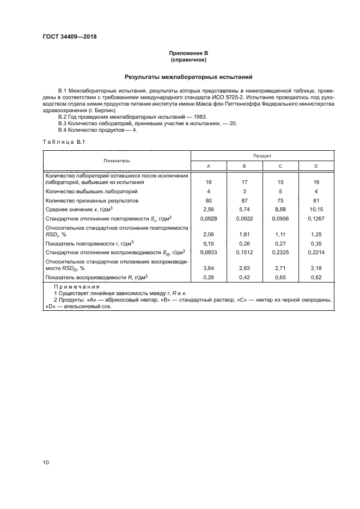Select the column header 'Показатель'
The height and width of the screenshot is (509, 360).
[x=117, y=161]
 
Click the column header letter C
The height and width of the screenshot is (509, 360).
[x=280, y=167]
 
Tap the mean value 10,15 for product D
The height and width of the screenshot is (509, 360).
[x=316, y=208]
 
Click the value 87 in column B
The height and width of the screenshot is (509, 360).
[x=244, y=200]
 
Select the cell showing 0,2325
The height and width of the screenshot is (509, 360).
[x=280, y=253]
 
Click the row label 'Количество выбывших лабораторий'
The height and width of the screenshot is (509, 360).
[x=91, y=192]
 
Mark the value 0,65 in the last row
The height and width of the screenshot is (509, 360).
[x=280, y=277]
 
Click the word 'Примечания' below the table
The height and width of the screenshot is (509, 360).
[x=77, y=286]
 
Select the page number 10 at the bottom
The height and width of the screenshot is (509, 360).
[x=46, y=462]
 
